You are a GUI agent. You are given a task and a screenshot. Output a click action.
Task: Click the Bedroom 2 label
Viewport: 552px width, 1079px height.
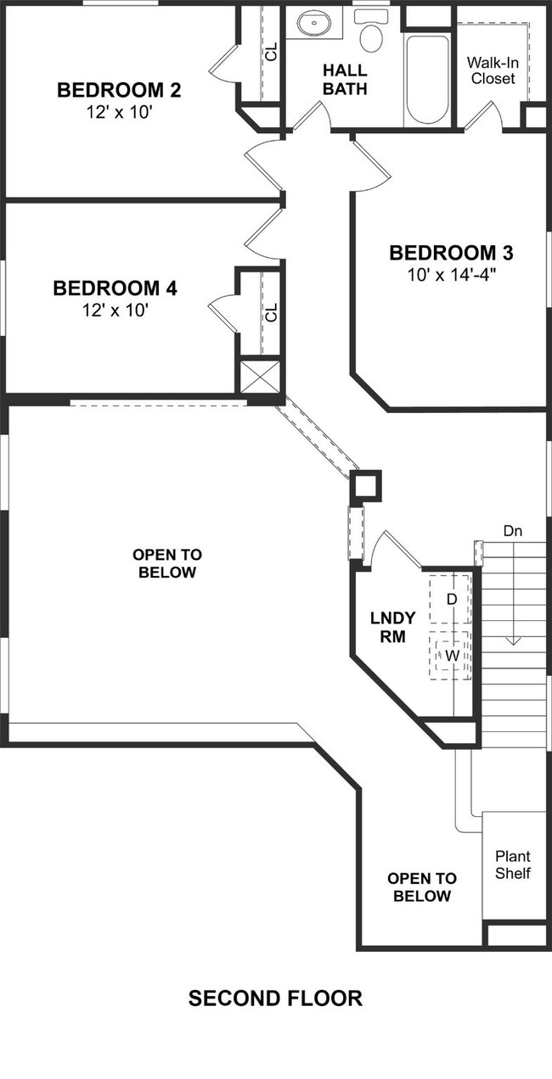point(119,90)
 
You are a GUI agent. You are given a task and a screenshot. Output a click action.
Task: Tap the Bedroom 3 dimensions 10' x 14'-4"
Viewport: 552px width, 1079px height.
point(452,275)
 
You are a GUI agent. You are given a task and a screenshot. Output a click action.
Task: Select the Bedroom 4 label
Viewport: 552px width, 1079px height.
point(115,288)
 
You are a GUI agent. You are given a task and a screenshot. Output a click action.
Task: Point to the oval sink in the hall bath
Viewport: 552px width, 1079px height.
point(313,22)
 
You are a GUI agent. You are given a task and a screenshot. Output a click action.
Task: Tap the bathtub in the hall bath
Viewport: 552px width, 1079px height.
point(426,80)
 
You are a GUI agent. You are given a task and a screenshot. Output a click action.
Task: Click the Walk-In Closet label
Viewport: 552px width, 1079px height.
point(493,70)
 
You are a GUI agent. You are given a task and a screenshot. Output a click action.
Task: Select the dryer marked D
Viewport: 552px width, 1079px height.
point(450,600)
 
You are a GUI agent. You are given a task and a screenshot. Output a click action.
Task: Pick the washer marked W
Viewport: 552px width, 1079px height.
point(450,656)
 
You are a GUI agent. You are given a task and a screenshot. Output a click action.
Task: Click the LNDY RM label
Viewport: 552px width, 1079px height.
point(392,627)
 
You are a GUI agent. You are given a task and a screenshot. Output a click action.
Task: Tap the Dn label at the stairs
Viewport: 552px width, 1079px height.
point(512,531)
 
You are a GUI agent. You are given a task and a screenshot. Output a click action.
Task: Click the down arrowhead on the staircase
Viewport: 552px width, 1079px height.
point(513,641)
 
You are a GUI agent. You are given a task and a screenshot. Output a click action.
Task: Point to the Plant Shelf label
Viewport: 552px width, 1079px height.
point(512,864)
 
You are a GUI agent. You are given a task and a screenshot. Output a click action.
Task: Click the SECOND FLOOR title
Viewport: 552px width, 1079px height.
point(275,998)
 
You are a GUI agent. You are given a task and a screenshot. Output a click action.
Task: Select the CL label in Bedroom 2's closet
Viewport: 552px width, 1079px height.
point(272,52)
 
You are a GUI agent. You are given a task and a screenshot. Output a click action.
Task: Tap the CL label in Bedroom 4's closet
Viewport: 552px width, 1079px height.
point(272,312)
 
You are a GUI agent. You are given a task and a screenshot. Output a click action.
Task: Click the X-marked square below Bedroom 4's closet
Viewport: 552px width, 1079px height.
point(260,376)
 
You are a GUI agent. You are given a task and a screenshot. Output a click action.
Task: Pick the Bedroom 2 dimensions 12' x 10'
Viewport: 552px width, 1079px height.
point(119,112)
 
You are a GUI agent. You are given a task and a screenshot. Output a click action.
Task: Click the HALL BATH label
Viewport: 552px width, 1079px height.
point(345,80)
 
